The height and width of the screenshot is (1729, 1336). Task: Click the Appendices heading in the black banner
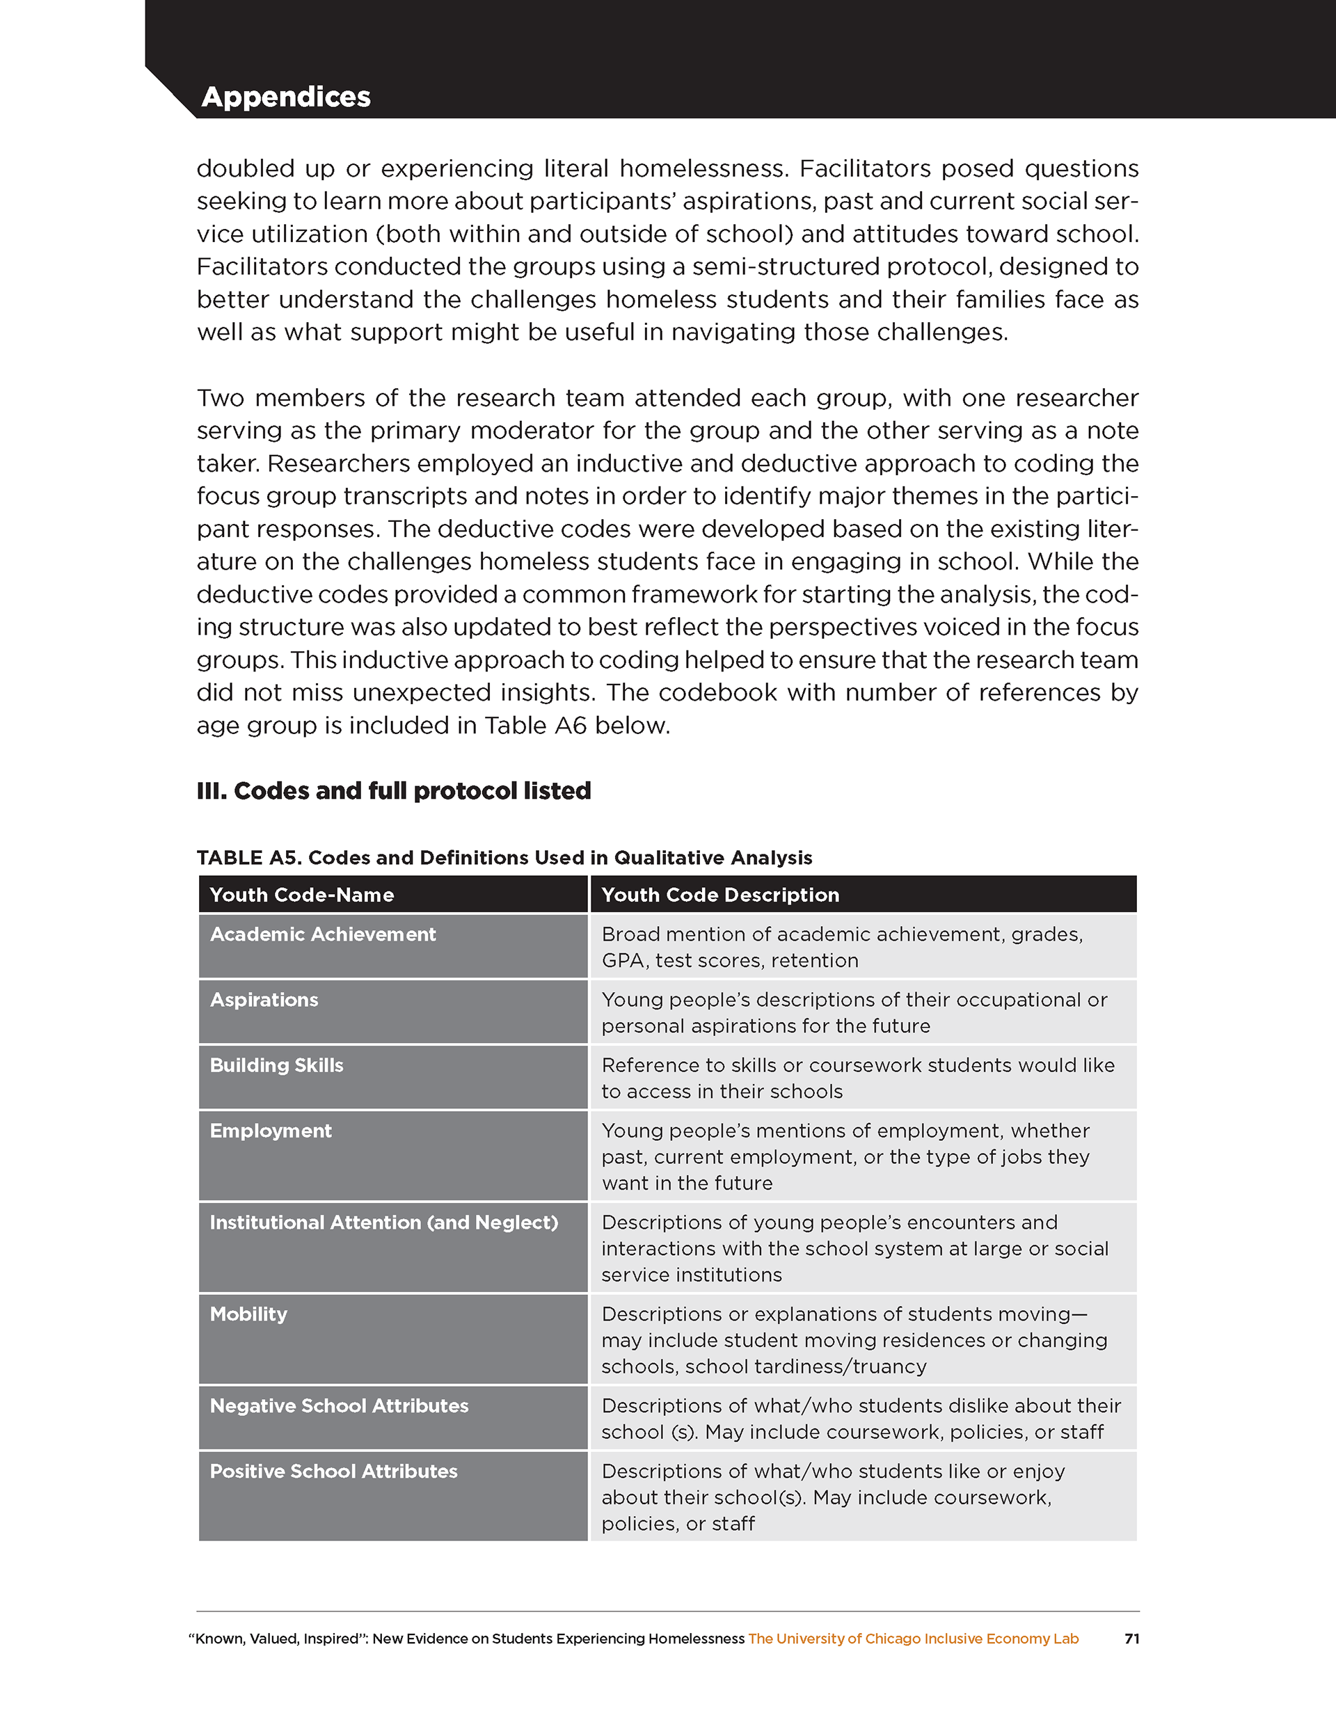(286, 97)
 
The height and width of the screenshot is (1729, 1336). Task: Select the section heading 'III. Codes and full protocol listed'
(394, 791)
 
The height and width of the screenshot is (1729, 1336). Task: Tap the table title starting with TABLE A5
(504, 857)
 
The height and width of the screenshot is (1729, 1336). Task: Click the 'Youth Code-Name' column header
(302, 895)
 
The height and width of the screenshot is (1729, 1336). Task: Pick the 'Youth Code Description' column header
(720, 895)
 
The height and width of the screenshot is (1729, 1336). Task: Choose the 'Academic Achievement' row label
(322, 934)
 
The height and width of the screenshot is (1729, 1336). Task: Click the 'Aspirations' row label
(264, 1000)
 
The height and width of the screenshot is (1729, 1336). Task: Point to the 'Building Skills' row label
(276, 1066)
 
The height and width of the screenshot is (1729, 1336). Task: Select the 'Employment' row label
(270, 1131)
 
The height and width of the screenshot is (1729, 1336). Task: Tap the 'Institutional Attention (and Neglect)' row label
(383, 1222)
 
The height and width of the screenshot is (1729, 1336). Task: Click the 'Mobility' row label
(248, 1314)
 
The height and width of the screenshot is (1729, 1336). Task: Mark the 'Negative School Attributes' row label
(339, 1406)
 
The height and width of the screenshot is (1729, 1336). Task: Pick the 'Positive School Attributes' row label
(333, 1471)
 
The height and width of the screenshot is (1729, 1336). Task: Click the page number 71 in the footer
(1131, 1639)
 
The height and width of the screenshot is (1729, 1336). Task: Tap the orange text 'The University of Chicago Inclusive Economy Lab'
(913, 1639)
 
